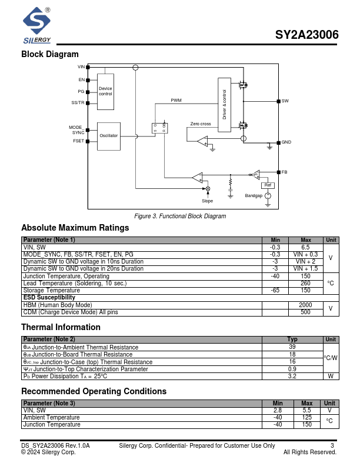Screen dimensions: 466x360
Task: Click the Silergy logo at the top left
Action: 36,26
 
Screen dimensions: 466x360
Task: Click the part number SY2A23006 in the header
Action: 306,35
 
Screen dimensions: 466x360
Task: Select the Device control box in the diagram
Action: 106,91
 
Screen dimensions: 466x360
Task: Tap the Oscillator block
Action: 109,136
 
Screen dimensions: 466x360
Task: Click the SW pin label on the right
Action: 285,101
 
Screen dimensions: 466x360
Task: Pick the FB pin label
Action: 285,172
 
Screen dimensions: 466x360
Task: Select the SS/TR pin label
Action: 78,102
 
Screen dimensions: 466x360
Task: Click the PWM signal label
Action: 176,101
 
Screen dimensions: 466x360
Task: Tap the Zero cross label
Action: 201,124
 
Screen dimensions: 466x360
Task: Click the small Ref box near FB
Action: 268,185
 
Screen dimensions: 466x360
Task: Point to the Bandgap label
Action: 254,195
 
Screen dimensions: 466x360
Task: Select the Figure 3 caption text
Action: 180,217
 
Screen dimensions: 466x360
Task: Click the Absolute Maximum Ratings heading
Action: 75,228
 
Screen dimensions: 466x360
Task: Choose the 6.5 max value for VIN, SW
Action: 305,247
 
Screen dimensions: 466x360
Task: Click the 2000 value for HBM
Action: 305,305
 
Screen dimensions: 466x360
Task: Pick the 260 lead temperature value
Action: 305,283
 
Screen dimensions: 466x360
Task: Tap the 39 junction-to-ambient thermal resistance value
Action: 292,347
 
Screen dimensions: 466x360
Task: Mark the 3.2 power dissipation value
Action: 292,375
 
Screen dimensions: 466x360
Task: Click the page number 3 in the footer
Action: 332,446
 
